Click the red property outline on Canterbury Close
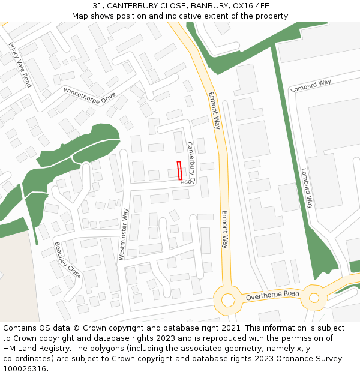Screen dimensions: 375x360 click(179, 170)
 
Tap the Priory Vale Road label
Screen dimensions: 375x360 click(20, 65)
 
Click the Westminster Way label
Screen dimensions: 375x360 click(124, 234)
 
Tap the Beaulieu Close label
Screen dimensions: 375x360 click(67, 260)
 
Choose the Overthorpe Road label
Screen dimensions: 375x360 click(272, 295)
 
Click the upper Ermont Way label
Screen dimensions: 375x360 click(214, 110)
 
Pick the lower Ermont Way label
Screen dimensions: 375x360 click(225, 229)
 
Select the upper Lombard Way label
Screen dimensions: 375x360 click(311, 85)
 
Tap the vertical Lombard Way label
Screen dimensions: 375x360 click(307, 187)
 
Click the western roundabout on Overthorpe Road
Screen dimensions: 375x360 click(228, 299)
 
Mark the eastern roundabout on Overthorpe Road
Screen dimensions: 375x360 click(314, 297)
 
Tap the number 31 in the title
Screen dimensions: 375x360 click(98, 6)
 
